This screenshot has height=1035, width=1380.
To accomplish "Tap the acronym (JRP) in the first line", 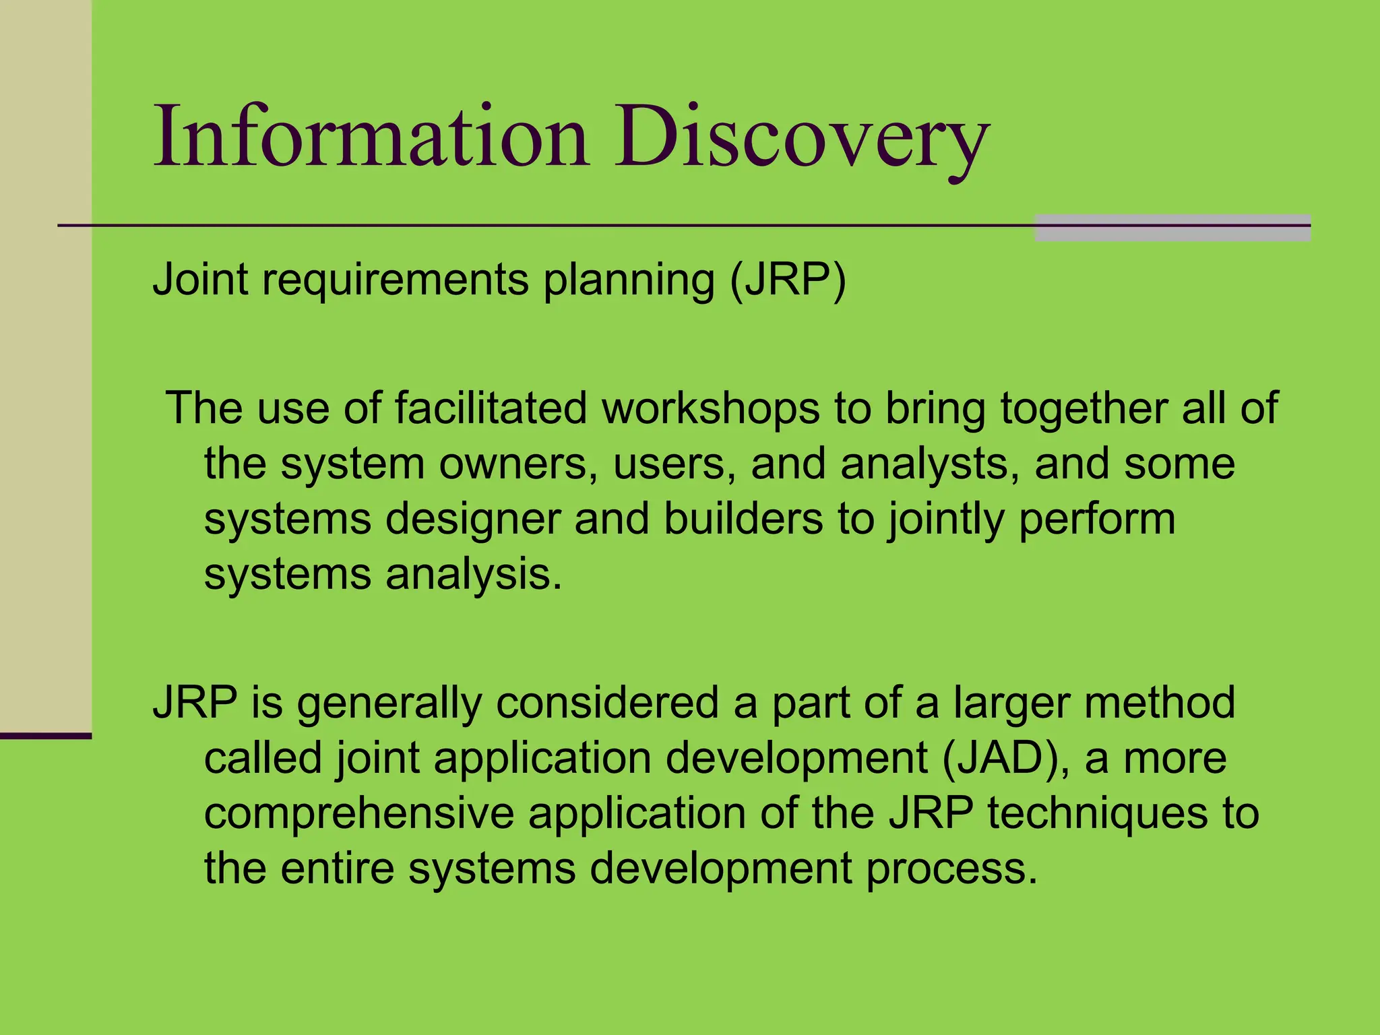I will (x=788, y=280).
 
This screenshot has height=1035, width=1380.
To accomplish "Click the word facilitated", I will (x=491, y=408).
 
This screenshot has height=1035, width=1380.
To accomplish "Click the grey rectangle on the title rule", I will (x=1172, y=228).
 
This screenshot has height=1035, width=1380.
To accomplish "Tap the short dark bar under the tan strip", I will (x=45, y=736).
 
